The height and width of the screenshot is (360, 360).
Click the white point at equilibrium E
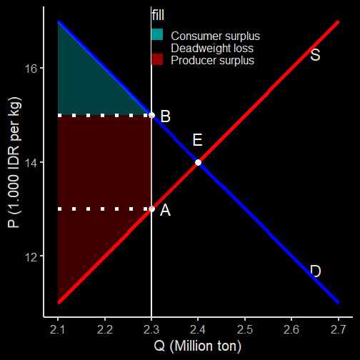(198, 162)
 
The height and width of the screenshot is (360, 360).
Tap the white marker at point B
(151, 115)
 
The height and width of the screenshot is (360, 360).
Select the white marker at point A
(151, 209)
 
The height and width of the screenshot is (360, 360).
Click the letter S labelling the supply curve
(315, 55)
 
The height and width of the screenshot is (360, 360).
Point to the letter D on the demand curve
(316, 271)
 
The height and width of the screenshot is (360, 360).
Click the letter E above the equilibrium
(197, 140)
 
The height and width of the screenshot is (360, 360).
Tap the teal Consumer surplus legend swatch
(157, 34)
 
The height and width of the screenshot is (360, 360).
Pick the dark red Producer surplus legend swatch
(157, 59)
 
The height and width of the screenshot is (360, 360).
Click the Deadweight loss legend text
(212, 48)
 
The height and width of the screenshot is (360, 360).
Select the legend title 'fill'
(158, 15)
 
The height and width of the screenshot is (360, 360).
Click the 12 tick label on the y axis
(31, 256)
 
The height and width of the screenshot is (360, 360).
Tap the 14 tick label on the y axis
(31, 163)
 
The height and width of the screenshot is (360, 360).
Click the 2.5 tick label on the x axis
(245, 329)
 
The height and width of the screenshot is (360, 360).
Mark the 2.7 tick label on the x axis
(339, 329)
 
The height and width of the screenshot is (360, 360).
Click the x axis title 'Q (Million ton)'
(198, 346)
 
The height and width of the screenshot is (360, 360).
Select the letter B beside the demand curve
(166, 116)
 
